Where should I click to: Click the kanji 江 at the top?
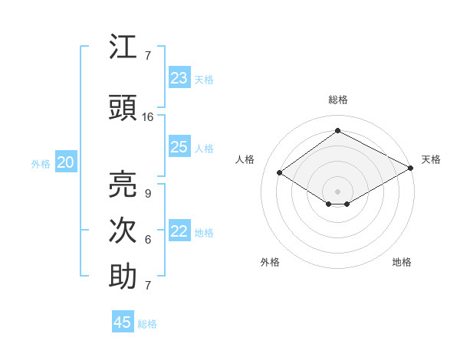point(123,47)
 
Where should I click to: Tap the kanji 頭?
point(123,108)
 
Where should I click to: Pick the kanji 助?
point(123,277)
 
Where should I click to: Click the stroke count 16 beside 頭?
point(148,117)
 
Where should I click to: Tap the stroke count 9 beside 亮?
point(147,193)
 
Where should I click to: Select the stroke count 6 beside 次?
point(147,240)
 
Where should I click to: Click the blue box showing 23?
point(179,78)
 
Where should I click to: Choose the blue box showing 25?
point(179,147)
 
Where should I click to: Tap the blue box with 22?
point(179,231)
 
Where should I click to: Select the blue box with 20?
point(66,162)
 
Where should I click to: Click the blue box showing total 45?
point(123,322)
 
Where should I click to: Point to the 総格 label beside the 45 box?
point(148,324)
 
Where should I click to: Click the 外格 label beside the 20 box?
point(41,163)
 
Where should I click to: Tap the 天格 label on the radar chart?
point(431,159)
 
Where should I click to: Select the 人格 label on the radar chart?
point(245,159)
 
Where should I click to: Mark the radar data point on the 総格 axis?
point(337,131)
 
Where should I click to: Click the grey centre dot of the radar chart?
point(337,190)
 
